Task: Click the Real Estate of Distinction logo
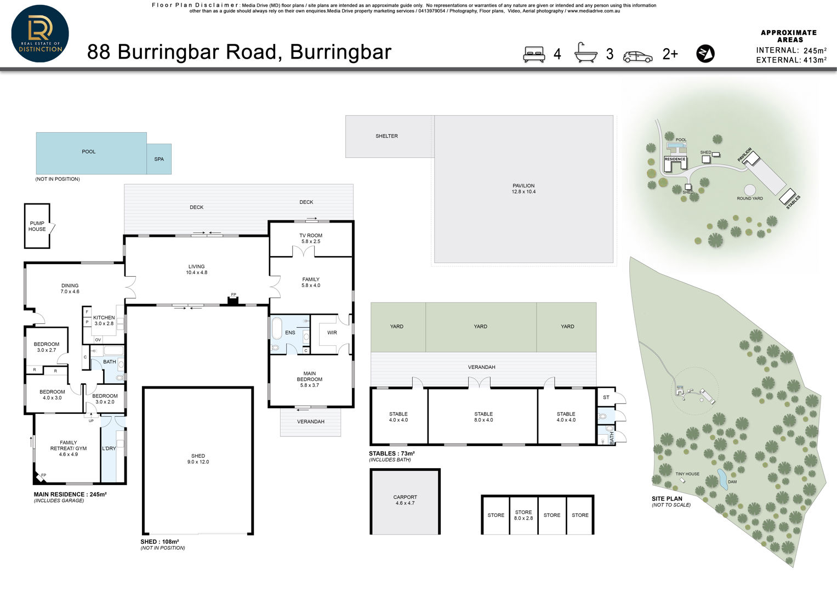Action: click(40, 33)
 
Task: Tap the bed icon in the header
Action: click(533, 54)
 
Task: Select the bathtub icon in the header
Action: click(585, 52)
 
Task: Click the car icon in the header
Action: click(638, 57)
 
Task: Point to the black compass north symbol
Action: click(705, 54)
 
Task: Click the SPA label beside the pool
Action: click(159, 159)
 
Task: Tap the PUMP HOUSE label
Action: click(37, 226)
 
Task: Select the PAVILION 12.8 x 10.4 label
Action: click(523, 189)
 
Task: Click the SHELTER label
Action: click(386, 136)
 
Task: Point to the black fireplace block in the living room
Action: click(233, 301)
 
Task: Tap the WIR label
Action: click(332, 333)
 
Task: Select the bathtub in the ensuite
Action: click(277, 328)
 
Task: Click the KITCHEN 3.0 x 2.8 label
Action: click(104, 320)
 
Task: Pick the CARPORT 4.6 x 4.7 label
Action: click(405, 500)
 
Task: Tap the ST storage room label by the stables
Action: click(606, 397)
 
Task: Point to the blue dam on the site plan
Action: click(722, 479)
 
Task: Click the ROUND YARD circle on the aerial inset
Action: click(749, 190)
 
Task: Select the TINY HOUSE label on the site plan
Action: click(687, 474)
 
